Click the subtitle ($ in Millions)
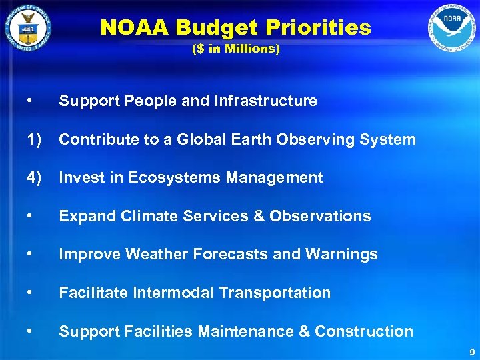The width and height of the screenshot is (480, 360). [x=235, y=49]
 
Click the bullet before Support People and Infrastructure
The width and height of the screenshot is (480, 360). [x=27, y=101]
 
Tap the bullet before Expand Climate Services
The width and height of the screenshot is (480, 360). [x=27, y=216]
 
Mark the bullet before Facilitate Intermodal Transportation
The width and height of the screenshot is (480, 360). [x=27, y=293]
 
